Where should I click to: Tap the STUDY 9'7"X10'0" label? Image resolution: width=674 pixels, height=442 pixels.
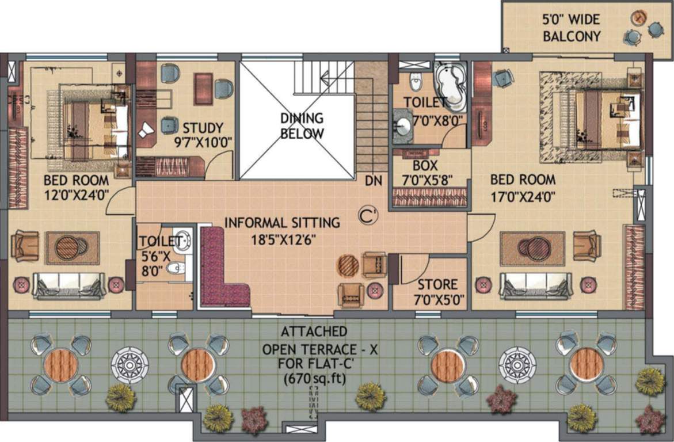tap(203, 134)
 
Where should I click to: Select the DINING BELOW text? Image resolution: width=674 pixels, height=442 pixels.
tap(302, 125)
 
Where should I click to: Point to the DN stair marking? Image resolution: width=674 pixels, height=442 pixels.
tap(374, 181)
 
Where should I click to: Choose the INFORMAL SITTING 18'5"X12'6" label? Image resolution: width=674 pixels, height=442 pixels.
tap(282, 229)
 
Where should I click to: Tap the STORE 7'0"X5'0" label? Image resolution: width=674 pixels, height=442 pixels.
tap(437, 291)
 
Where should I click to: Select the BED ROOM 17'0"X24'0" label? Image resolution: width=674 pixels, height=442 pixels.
tap(523, 188)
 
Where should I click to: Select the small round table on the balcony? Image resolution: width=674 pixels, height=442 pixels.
tap(638, 18)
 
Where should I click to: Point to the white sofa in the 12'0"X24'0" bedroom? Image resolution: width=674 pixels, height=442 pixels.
tap(69, 285)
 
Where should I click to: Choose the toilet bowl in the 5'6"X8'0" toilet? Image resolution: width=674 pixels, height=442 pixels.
tap(176, 268)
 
